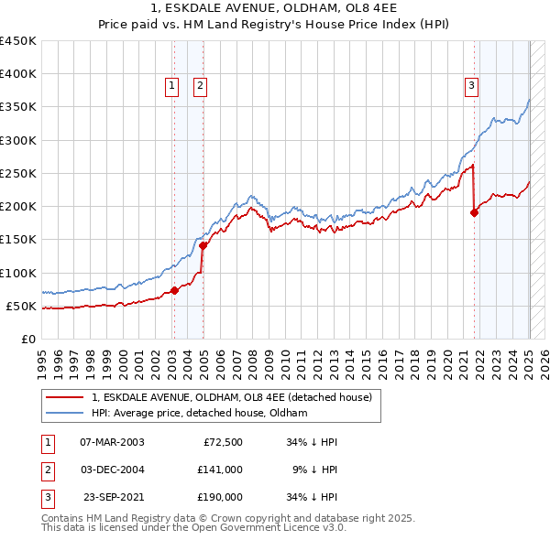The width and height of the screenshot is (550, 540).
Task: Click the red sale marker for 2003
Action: [174, 291]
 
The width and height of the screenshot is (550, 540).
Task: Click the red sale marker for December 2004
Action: [203, 245]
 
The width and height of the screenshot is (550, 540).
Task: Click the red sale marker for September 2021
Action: [475, 213]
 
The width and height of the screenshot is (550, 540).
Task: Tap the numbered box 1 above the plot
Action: [171, 86]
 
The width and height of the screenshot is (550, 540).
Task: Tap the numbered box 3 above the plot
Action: [471, 86]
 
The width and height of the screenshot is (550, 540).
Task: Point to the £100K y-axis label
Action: [18, 273]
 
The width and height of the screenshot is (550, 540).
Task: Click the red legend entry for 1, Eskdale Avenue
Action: [231, 397]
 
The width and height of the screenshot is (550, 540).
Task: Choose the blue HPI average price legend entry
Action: [199, 414]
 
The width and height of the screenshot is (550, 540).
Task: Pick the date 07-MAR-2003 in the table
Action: [112, 442]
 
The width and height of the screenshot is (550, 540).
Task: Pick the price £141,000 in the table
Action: [221, 470]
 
